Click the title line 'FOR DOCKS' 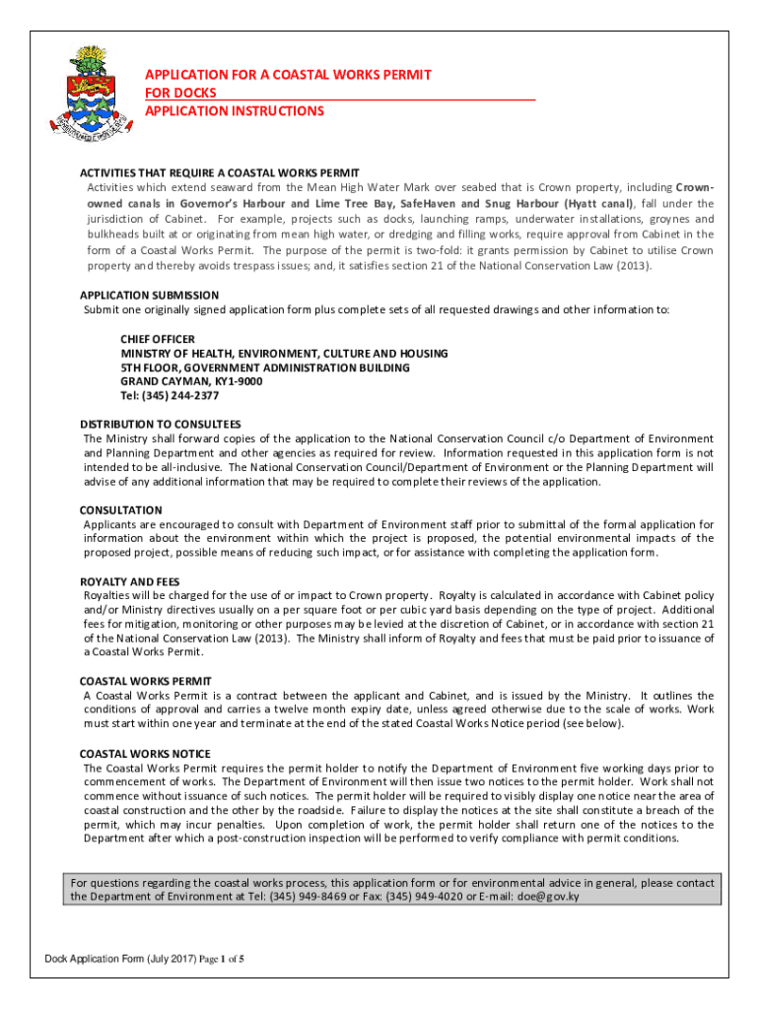181,93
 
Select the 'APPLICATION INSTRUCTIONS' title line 235,110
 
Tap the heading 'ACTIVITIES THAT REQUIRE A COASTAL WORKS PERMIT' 220,172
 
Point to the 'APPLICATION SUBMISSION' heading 149,295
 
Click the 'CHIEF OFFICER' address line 158,339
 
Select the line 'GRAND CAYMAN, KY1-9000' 191,381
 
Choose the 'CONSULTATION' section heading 120,510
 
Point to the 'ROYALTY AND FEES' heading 129,582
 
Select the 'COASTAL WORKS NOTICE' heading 145,754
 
